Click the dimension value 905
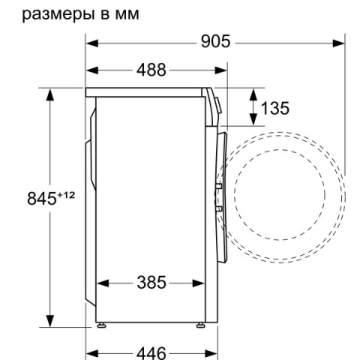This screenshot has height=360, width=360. (x=215, y=42)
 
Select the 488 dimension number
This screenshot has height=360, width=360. (x=151, y=70)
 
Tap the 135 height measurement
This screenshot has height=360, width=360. (x=274, y=108)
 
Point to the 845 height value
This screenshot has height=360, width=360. (x=41, y=198)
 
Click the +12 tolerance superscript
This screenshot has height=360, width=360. (x=66, y=195)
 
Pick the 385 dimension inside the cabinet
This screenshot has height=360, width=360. (x=151, y=283)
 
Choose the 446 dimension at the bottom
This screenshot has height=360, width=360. (x=151, y=353)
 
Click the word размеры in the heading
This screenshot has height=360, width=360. (x=58, y=14)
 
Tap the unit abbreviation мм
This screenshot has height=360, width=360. (x=127, y=15)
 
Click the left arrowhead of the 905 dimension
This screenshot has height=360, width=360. (x=92, y=43)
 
